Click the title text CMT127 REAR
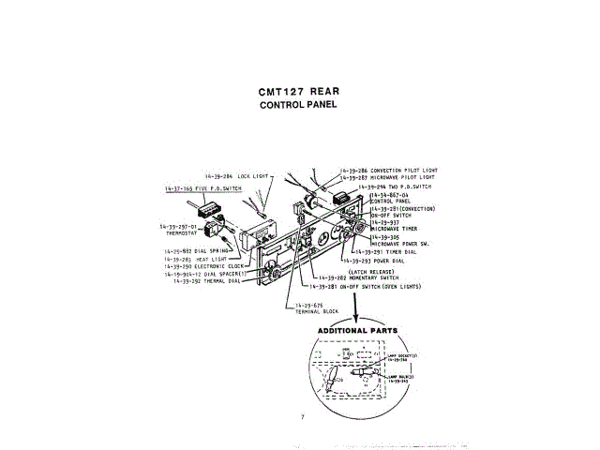(298, 92)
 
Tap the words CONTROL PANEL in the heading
(298, 105)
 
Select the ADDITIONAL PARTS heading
(357, 331)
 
